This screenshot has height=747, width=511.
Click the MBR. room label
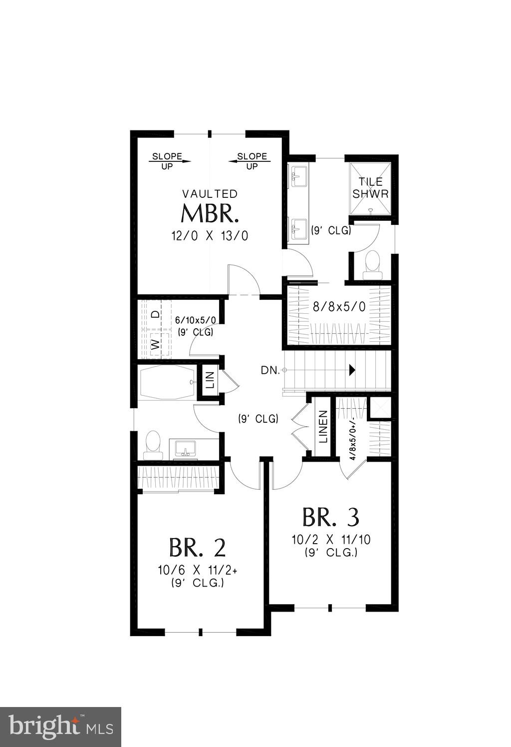(x=209, y=214)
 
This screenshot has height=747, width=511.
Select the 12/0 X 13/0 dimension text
(x=210, y=235)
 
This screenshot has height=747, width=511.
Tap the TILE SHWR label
(x=370, y=188)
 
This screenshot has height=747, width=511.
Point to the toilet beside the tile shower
(x=372, y=265)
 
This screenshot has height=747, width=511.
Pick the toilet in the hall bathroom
(x=153, y=445)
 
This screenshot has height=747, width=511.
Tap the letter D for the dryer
(x=156, y=314)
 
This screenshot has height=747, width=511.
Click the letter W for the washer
(x=156, y=344)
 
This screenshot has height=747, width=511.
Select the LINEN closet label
(x=323, y=427)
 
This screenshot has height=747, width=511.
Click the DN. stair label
(x=270, y=370)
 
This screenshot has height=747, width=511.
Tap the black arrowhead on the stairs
(x=352, y=370)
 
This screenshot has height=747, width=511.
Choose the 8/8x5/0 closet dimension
(x=339, y=307)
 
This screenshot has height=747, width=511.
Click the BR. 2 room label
(x=198, y=548)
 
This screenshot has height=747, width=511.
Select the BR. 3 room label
(x=331, y=518)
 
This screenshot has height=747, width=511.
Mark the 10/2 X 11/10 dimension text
(x=331, y=540)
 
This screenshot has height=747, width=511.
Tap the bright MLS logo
(x=60, y=727)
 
